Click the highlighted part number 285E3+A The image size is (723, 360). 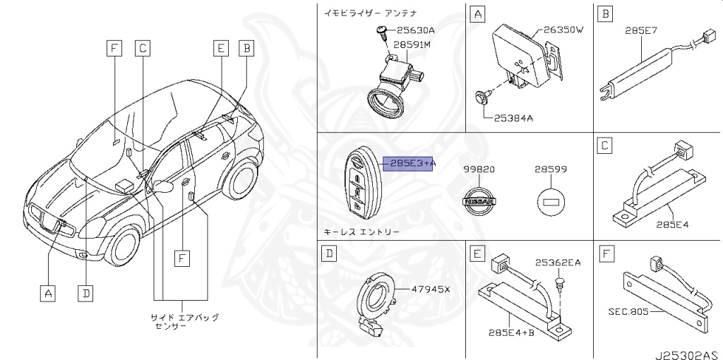point(409,164)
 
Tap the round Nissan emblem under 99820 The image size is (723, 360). point(478,203)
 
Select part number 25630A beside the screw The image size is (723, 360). point(415,30)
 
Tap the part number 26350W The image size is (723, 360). point(563,30)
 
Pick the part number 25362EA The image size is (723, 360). point(557,263)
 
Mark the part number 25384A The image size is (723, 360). point(513,117)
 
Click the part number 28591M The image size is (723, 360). point(413,44)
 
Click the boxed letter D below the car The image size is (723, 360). point(85,292)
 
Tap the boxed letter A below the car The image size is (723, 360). point(47,292)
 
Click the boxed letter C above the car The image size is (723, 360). point(142,48)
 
